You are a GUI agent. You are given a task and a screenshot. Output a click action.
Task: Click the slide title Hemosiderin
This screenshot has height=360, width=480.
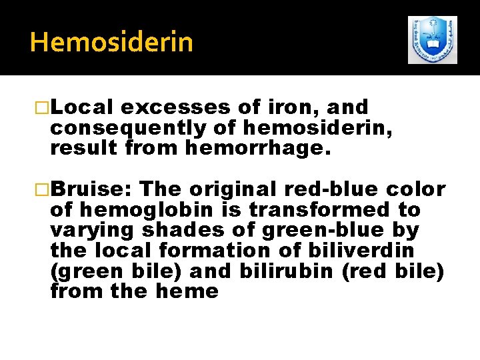pos(111,42)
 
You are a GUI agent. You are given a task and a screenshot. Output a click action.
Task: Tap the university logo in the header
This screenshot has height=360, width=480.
pos(433,40)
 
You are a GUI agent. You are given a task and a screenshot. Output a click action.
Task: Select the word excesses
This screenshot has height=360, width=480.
pos(177,108)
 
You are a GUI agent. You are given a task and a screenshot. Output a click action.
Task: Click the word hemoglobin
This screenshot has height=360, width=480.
pos(151,209)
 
